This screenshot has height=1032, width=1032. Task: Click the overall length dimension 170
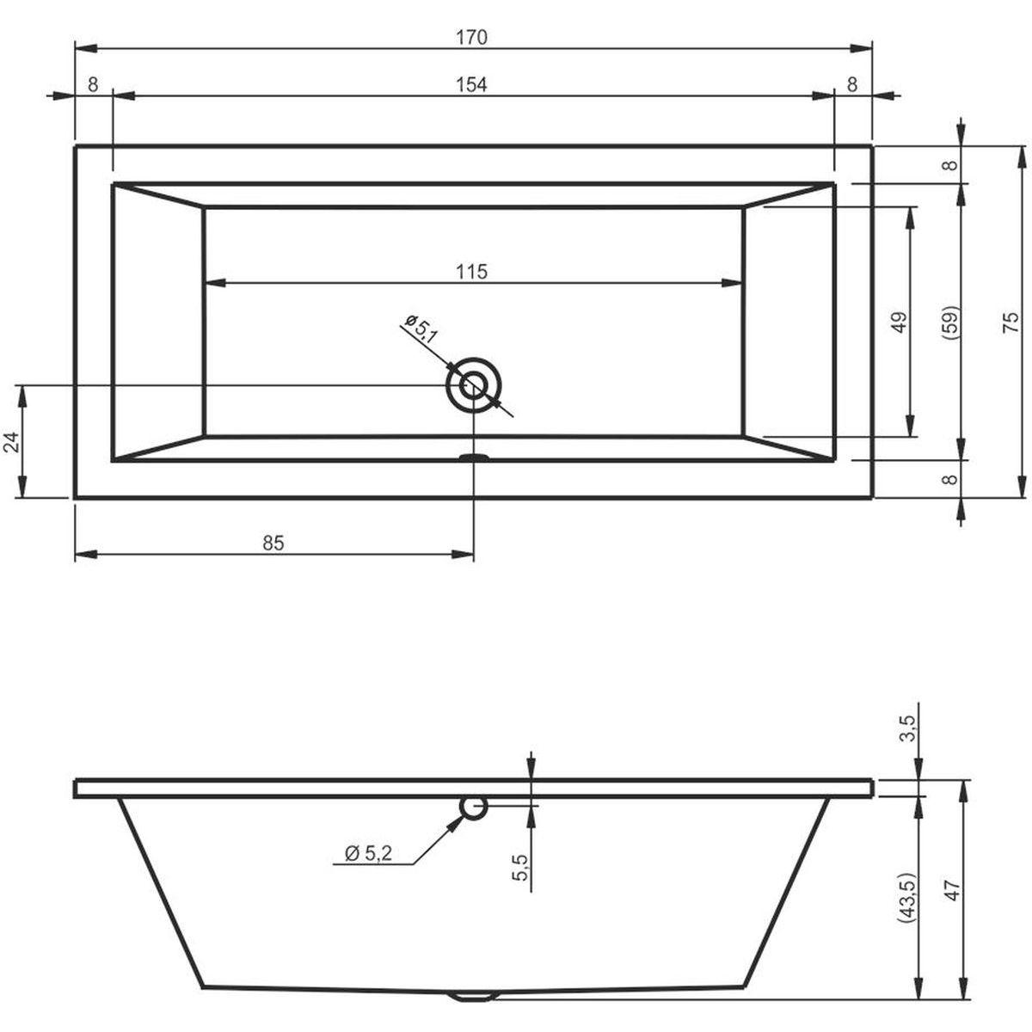point(472,38)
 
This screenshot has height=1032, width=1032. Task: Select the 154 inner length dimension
point(472,84)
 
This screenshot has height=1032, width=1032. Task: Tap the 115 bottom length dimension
point(472,272)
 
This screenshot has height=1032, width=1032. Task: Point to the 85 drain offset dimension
point(273,544)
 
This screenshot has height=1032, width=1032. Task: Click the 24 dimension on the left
point(12,442)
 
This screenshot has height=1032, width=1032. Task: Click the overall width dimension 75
point(1009,322)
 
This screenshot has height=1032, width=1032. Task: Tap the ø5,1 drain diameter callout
point(421,329)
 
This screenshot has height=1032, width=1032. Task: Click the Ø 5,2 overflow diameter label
point(368,853)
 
